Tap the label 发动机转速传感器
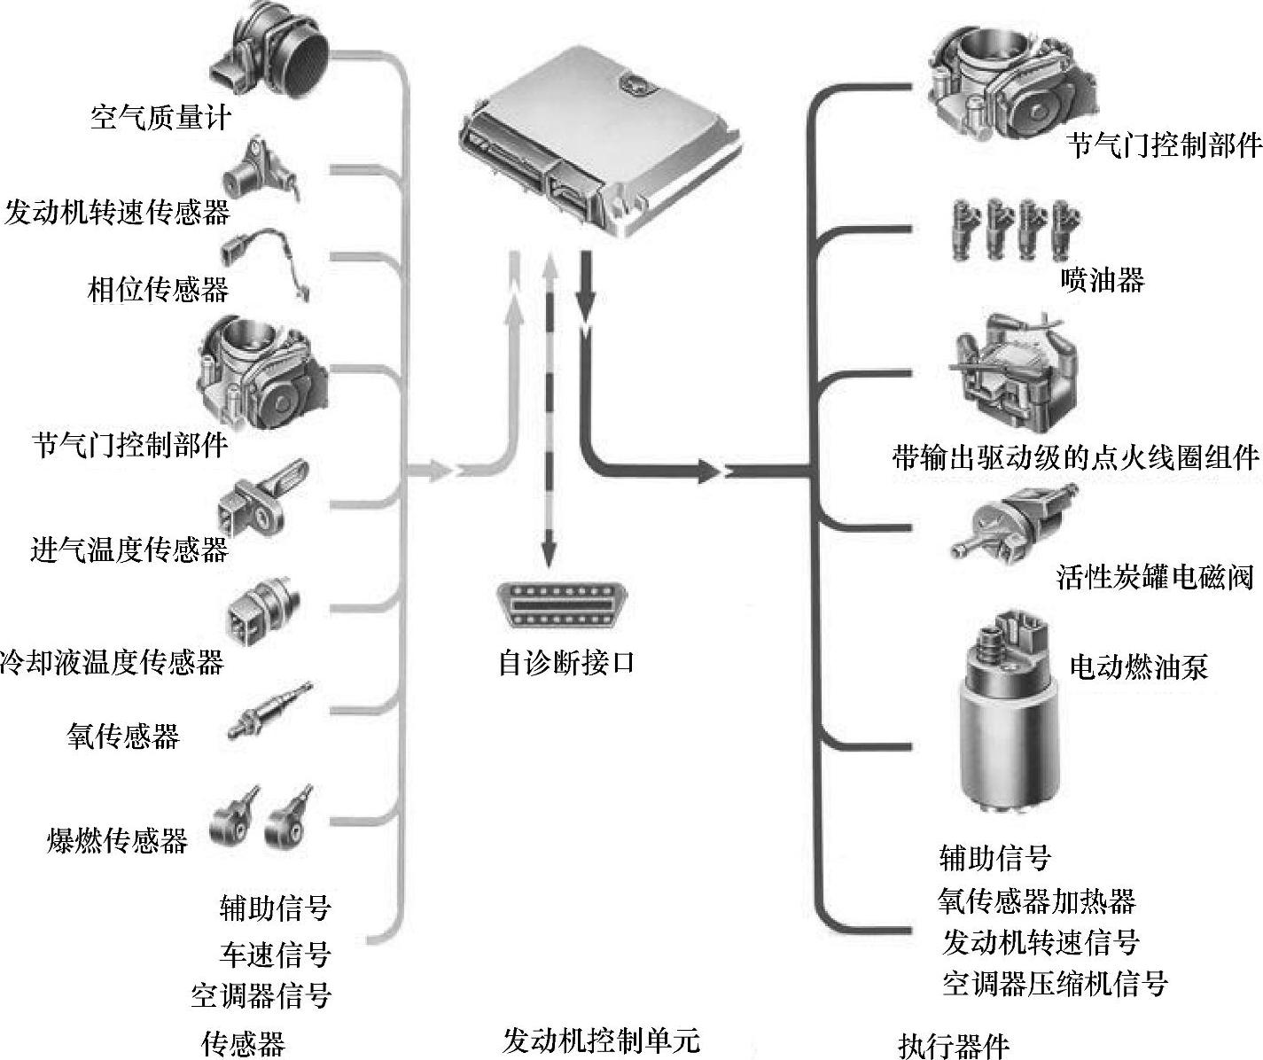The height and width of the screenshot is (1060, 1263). point(117,213)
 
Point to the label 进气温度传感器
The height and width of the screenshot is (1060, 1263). point(129,549)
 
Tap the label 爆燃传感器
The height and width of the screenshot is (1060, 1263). point(117,839)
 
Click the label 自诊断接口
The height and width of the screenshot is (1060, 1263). point(567,662)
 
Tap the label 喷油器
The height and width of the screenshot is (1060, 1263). point(1102,280)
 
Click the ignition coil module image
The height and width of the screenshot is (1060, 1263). point(1015,377)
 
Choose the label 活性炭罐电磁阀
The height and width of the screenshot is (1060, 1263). point(1155,578)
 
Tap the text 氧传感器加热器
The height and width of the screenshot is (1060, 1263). point(1036,901)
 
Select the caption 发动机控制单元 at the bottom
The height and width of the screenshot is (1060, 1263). point(600,1040)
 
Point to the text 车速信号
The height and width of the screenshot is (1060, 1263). point(275,954)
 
